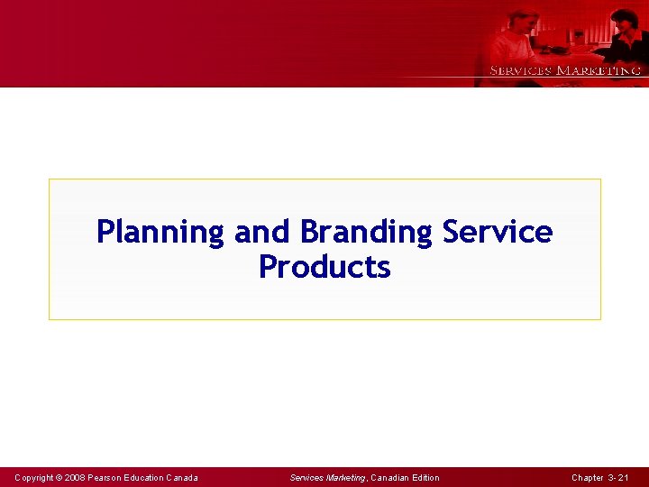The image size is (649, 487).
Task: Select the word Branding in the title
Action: tap(366, 232)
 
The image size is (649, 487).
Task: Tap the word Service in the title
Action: tap(498, 232)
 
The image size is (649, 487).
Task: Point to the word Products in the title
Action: tap(324, 267)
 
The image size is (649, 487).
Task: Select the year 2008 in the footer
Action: tap(75, 477)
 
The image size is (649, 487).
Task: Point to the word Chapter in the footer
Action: tap(588, 477)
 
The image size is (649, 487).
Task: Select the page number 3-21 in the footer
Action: tap(623, 477)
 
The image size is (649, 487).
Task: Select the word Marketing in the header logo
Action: tap(599, 70)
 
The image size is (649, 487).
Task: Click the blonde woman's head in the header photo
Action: tap(522, 20)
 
